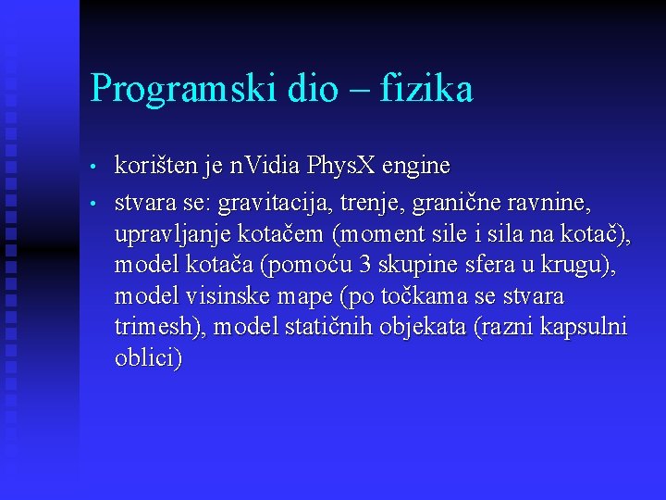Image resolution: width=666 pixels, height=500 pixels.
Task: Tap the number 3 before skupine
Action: pos(364,265)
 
